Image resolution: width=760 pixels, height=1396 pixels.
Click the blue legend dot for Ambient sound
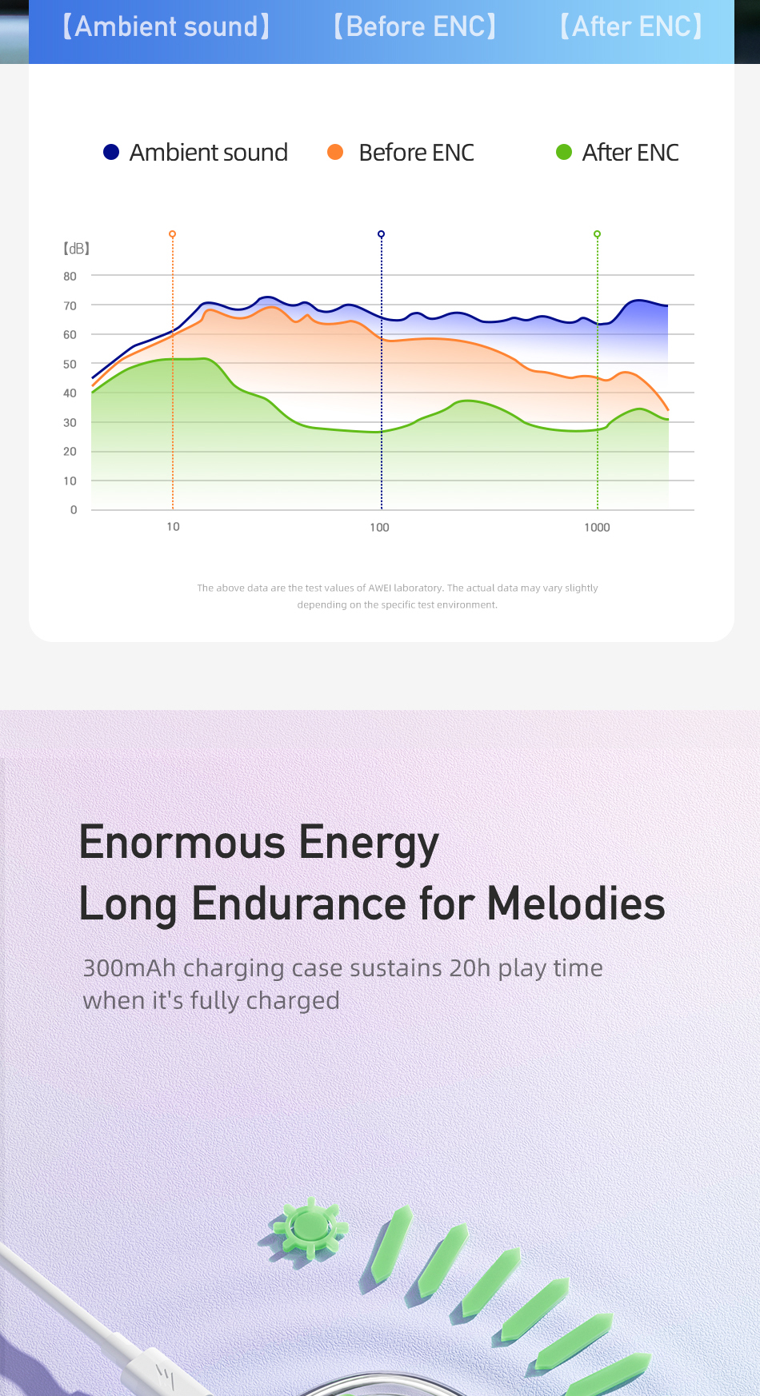tap(111, 152)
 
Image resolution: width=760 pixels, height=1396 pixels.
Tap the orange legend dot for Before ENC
tap(335, 152)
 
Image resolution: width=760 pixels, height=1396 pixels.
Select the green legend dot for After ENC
tap(564, 152)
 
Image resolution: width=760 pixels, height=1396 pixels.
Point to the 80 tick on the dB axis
tap(70, 277)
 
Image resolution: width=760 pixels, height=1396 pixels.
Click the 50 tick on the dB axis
tap(70, 365)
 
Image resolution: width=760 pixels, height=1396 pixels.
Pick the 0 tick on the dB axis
tap(74, 510)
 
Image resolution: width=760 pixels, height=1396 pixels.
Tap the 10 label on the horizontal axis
tap(173, 527)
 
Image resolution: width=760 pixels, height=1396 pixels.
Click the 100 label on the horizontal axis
tap(379, 528)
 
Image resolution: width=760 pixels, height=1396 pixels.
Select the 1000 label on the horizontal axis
tap(597, 528)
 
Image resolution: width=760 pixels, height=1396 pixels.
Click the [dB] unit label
tap(76, 249)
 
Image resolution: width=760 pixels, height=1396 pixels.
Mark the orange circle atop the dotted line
tap(172, 234)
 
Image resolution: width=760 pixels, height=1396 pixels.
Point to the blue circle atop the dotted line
tap(381, 234)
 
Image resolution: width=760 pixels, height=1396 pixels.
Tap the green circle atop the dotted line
tap(597, 234)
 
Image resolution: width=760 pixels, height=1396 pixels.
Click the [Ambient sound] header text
tap(166, 26)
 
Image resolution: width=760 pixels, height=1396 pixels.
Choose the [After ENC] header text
tap(631, 26)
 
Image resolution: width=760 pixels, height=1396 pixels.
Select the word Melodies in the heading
tap(576, 903)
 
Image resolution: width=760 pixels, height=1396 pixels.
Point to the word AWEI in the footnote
tap(380, 588)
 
